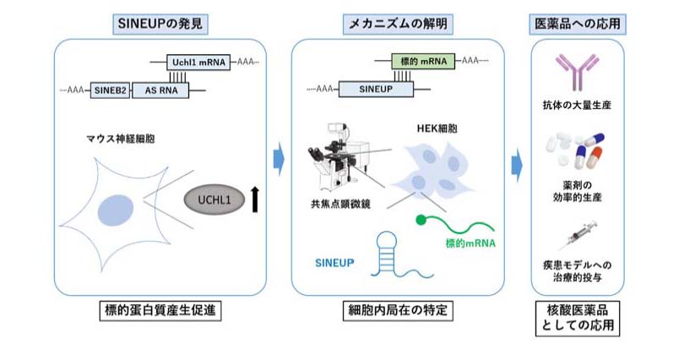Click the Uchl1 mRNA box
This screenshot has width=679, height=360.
point(193,62)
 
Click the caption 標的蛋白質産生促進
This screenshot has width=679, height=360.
point(163,310)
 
